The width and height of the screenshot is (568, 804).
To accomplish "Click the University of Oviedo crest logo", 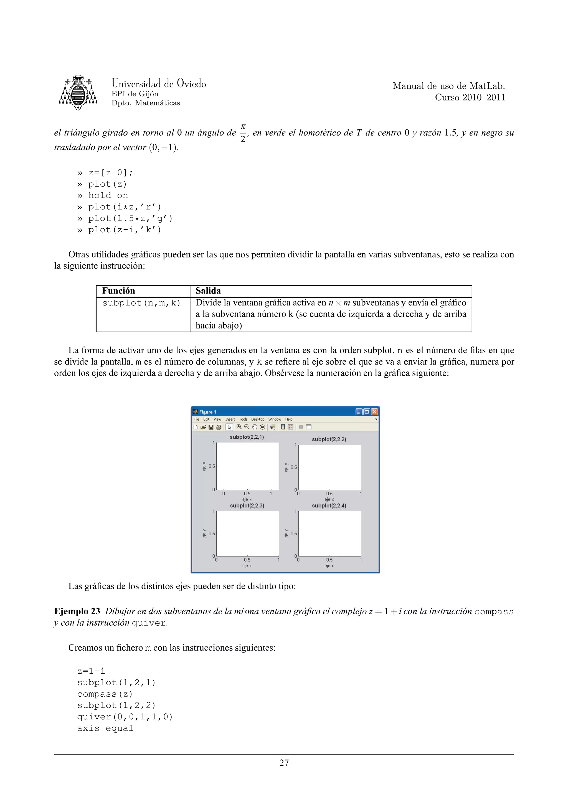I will (x=78, y=92).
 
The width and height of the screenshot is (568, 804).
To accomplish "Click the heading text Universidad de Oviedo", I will (x=159, y=83).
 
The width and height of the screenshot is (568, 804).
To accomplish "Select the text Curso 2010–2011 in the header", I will (x=470, y=97).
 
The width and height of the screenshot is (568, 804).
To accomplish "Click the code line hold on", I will (x=108, y=195).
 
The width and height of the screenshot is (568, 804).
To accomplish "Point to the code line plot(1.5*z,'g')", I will (x=130, y=219).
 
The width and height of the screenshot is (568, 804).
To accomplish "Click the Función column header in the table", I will (x=119, y=291).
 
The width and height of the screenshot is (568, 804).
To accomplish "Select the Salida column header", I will (x=208, y=291).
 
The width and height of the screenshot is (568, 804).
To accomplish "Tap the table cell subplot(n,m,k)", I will (x=141, y=303).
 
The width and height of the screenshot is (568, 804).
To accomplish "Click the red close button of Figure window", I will (x=374, y=412).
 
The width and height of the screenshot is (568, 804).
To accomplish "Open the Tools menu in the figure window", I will (x=243, y=419).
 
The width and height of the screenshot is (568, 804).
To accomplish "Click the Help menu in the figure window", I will (x=289, y=419).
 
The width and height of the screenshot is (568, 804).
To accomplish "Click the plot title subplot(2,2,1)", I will (x=247, y=437).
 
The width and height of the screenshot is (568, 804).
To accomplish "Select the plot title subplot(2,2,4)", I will (x=329, y=506).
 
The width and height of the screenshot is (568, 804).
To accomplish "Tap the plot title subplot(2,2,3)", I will (x=247, y=506).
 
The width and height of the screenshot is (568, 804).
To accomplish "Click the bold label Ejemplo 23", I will (x=77, y=611).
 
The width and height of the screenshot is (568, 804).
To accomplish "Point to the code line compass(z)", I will (x=105, y=694).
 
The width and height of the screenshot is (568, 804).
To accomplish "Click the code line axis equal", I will (x=105, y=728).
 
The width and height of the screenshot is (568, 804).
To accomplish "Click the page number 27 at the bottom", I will (x=284, y=763).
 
